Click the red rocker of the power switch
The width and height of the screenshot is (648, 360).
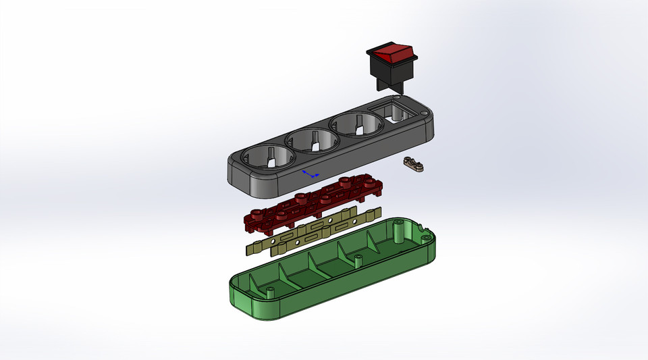[x=392, y=52]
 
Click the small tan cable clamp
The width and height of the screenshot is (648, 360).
[x=412, y=163]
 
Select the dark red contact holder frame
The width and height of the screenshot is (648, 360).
[x=310, y=202]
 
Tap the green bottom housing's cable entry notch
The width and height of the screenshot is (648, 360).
[x=425, y=237]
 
